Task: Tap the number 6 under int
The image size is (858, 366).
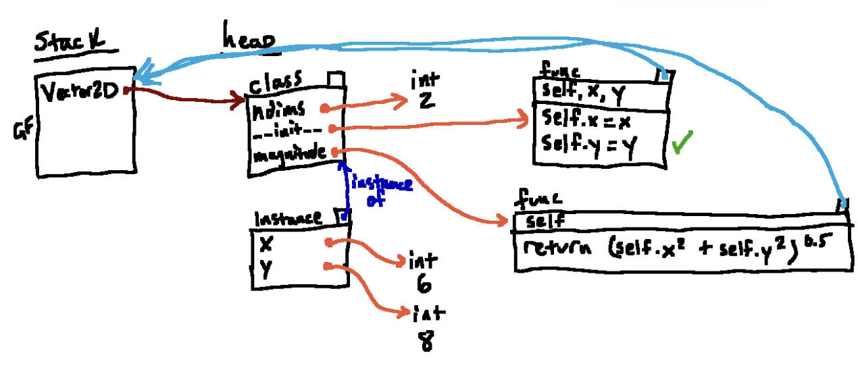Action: [424, 284]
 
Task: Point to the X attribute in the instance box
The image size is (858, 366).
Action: [266, 244]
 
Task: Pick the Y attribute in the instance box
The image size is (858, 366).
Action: [264, 268]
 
